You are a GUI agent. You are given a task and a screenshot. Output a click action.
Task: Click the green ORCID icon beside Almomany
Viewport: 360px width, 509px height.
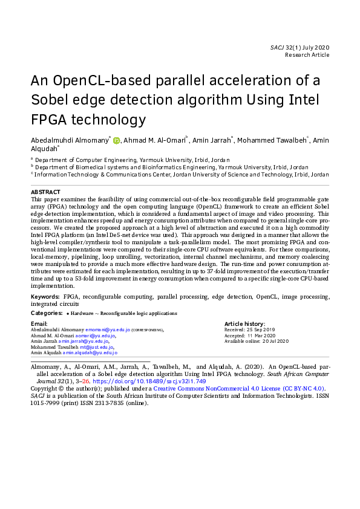(x=117, y=141)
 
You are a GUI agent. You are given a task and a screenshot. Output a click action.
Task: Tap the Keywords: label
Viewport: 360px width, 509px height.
(x=45, y=297)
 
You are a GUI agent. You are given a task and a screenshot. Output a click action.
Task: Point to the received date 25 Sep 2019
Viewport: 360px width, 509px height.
(x=261, y=330)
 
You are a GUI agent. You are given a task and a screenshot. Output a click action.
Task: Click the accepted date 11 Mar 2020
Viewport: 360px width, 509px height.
(x=261, y=336)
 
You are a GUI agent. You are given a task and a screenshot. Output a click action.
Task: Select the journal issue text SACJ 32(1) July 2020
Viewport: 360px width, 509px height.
(x=299, y=47)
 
